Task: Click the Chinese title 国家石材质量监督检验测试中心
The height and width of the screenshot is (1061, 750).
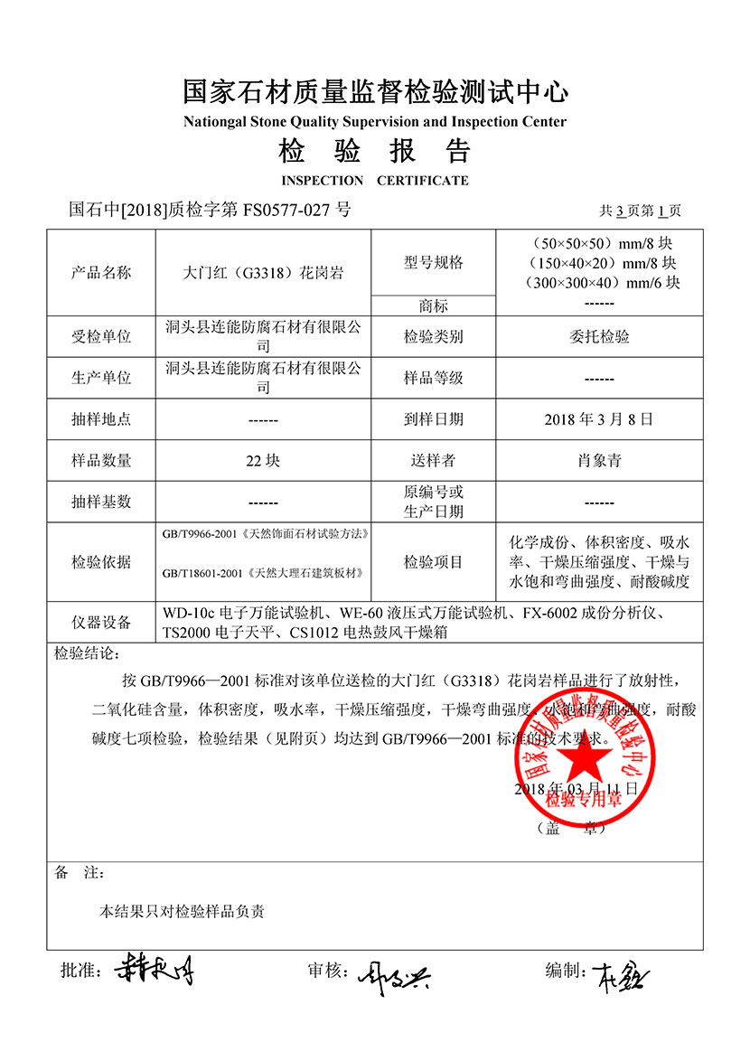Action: point(375,91)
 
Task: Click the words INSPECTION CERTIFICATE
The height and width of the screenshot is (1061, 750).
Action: point(375,180)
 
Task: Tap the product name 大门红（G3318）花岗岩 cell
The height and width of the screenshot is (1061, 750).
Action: point(263,272)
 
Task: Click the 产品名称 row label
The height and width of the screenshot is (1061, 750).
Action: point(101,272)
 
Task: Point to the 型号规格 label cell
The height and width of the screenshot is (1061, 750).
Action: point(433,262)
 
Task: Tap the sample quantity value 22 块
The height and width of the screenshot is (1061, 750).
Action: point(263,461)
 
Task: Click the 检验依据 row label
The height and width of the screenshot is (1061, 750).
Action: point(101,562)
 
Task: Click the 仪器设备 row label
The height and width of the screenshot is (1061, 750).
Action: point(101,623)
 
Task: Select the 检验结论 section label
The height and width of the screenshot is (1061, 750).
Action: point(86,653)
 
